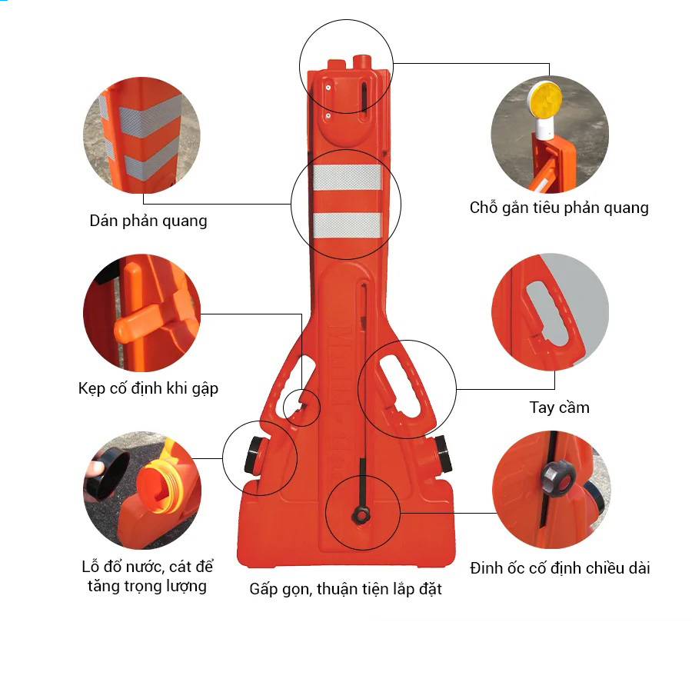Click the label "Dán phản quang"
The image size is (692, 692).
point(148,221)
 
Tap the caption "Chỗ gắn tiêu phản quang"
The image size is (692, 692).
point(559,208)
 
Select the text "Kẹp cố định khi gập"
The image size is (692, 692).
point(148,388)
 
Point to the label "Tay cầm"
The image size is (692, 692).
point(559,408)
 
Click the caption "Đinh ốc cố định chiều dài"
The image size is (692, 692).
point(560,568)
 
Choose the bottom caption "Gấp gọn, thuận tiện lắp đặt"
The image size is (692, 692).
point(345,589)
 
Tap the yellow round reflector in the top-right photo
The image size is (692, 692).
point(545,100)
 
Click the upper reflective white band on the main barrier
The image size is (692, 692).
point(348,178)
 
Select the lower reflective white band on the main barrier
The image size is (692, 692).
point(348,225)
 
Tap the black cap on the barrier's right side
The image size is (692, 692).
point(444,454)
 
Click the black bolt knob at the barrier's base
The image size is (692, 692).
point(361,515)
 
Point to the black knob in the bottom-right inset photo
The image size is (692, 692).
point(557,477)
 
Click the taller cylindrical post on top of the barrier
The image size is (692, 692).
point(362,63)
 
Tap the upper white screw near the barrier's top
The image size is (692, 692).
point(328,88)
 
